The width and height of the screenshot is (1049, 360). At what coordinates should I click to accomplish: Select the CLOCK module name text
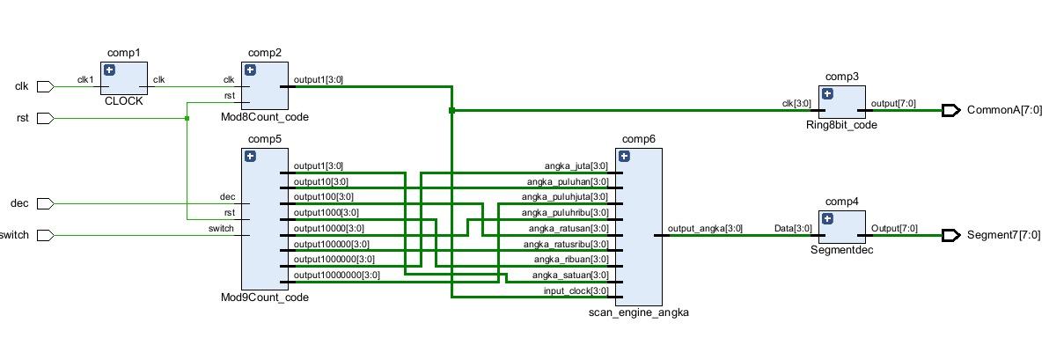click(x=122, y=100)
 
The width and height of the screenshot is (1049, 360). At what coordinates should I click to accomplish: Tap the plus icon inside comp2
click(x=250, y=70)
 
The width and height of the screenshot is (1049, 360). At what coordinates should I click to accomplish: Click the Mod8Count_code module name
click(x=265, y=117)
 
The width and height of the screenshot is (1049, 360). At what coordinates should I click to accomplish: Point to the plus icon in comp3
click(x=827, y=93)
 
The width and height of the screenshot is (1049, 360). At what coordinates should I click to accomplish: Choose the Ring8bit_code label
click(x=842, y=125)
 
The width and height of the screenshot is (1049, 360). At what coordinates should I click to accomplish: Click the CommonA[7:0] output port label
click(x=1004, y=110)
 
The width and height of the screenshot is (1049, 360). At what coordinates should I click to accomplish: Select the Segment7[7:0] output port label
click(x=1004, y=235)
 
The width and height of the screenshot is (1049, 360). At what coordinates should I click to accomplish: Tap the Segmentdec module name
click(x=842, y=251)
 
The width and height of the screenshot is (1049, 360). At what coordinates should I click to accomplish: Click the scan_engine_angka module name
click(x=638, y=312)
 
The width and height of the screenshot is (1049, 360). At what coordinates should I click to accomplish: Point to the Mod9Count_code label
click(x=265, y=298)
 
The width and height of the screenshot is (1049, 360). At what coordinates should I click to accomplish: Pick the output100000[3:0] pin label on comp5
click(x=323, y=244)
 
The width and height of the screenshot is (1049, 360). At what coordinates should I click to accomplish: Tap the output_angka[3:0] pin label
click(x=706, y=229)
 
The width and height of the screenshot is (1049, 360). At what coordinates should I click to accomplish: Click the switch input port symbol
click(x=47, y=235)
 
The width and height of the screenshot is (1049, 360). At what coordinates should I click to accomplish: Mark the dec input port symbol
click(x=47, y=203)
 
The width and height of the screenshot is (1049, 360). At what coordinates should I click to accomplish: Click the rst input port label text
click(x=23, y=118)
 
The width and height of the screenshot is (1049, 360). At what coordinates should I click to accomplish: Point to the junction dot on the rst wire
click(x=187, y=118)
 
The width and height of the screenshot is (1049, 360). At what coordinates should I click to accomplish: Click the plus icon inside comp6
click(x=624, y=156)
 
